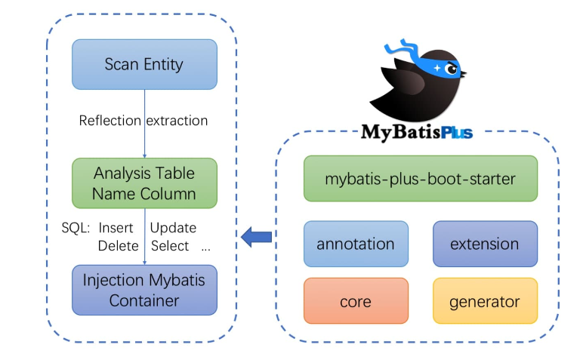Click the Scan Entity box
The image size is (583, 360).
click(x=143, y=64)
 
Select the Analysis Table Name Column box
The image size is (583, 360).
click(x=143, y=183)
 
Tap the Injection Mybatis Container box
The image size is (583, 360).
click(x=143, y=290)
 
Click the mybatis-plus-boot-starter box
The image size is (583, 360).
click(x=420, y=179)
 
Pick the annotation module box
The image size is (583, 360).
click(x=355, y=244)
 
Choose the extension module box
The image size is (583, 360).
click(x=484, y=244)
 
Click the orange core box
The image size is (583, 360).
click(x=355, y=302)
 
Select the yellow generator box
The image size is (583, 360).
click(x=484, y=302)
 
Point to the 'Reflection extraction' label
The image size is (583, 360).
click(x=143, y=121)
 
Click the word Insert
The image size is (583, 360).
click(x=116, y=228)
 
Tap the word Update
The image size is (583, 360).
click(x=173, y=228)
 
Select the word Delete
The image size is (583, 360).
click(x=118, y=246)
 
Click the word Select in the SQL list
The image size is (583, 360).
click(x=170, y=246)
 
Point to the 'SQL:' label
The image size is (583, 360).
click(x=76, y=228)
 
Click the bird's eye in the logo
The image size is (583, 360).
click(x=452, y=69)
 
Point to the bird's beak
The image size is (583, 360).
click(x=463, y=74)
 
